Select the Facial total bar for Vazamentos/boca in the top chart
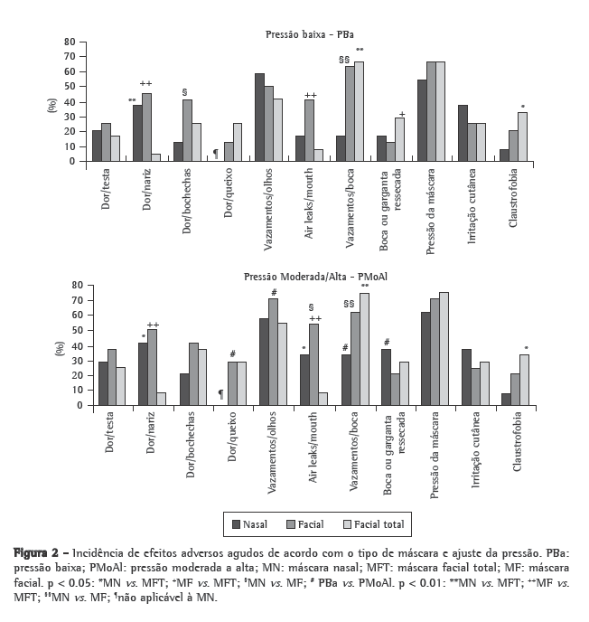tap(359, 111)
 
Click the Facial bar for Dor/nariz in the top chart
tap(147, 127)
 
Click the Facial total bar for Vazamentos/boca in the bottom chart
tap(364, 349)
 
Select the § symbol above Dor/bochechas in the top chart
tap(184, 92)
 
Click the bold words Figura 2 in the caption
tap(39, 551)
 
